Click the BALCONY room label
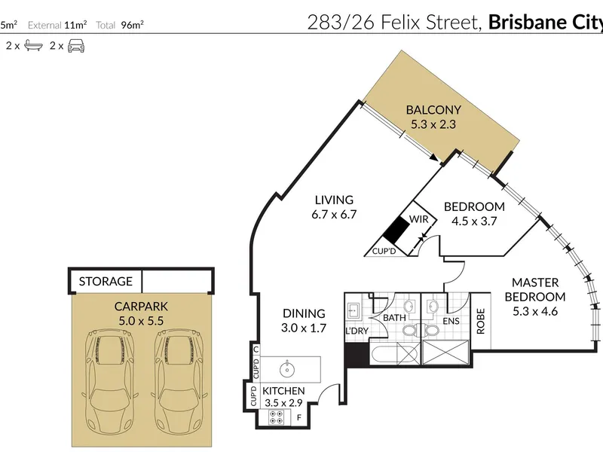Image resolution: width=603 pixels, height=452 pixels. (433, 110)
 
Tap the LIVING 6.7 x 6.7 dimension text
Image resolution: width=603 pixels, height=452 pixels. (334, 215)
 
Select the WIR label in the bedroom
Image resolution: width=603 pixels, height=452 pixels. (419, 219)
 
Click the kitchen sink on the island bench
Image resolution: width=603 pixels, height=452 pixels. (287, 369)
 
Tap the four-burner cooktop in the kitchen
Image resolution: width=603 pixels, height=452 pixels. (276, 417)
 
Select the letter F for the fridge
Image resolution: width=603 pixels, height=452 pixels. (298, 418)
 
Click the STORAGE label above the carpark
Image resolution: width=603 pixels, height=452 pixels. (106, 281)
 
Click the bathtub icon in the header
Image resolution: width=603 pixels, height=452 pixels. (33, 46)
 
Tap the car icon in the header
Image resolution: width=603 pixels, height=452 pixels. (76, 46)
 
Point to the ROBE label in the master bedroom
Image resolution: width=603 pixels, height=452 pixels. (481, 322)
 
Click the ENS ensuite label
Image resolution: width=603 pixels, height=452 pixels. (451, 321)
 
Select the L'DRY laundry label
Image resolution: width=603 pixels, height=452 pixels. (357, 331)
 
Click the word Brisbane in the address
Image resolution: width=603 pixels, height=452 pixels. (528, 23)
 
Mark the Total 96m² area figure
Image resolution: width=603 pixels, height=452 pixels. (120, 25)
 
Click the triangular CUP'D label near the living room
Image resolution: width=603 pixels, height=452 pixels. (384, 252)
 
